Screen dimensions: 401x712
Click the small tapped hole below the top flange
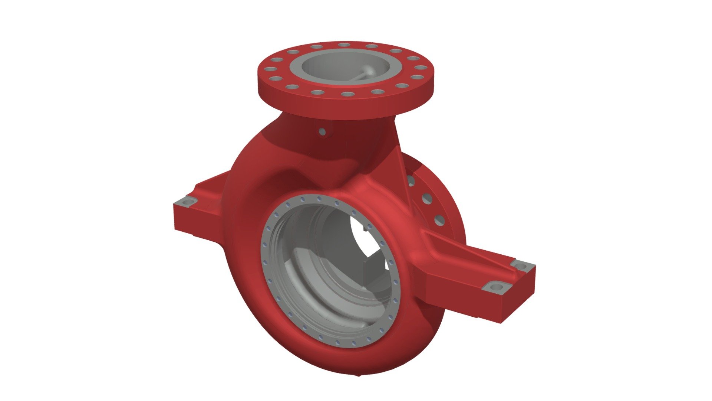(322, 131)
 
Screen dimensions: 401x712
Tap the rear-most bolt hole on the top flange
(345, 45)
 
